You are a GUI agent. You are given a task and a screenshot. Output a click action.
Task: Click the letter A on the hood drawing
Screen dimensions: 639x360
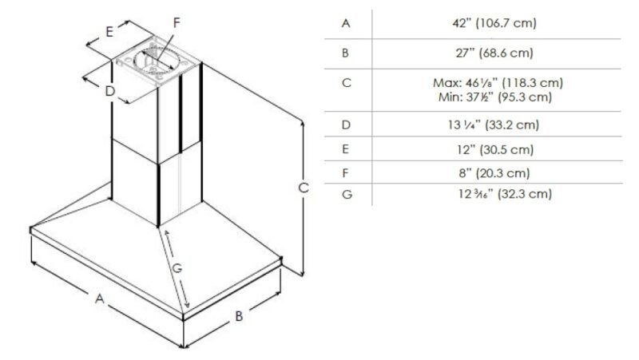click(99, 299)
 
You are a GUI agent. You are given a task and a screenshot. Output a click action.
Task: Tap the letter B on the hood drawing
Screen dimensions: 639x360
click(239, 315)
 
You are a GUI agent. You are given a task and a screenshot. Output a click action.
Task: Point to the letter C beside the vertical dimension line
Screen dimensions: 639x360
click(304, 188)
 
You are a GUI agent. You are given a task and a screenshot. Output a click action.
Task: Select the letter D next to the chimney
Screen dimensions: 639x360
click(110, 91)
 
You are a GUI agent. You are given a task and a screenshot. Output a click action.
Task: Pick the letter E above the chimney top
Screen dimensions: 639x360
click(109, 31)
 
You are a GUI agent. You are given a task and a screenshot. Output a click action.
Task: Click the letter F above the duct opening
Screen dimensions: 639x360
click(177, 22)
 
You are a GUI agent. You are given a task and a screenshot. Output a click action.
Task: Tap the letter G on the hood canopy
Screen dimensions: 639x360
click(177, 268)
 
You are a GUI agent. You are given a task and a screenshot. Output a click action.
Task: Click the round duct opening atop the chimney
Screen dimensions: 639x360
click(157, 61)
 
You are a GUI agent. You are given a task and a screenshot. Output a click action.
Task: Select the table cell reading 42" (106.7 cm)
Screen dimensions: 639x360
click(494, 23)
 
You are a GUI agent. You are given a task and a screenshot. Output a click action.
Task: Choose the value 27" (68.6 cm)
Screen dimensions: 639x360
click(494, 53)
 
